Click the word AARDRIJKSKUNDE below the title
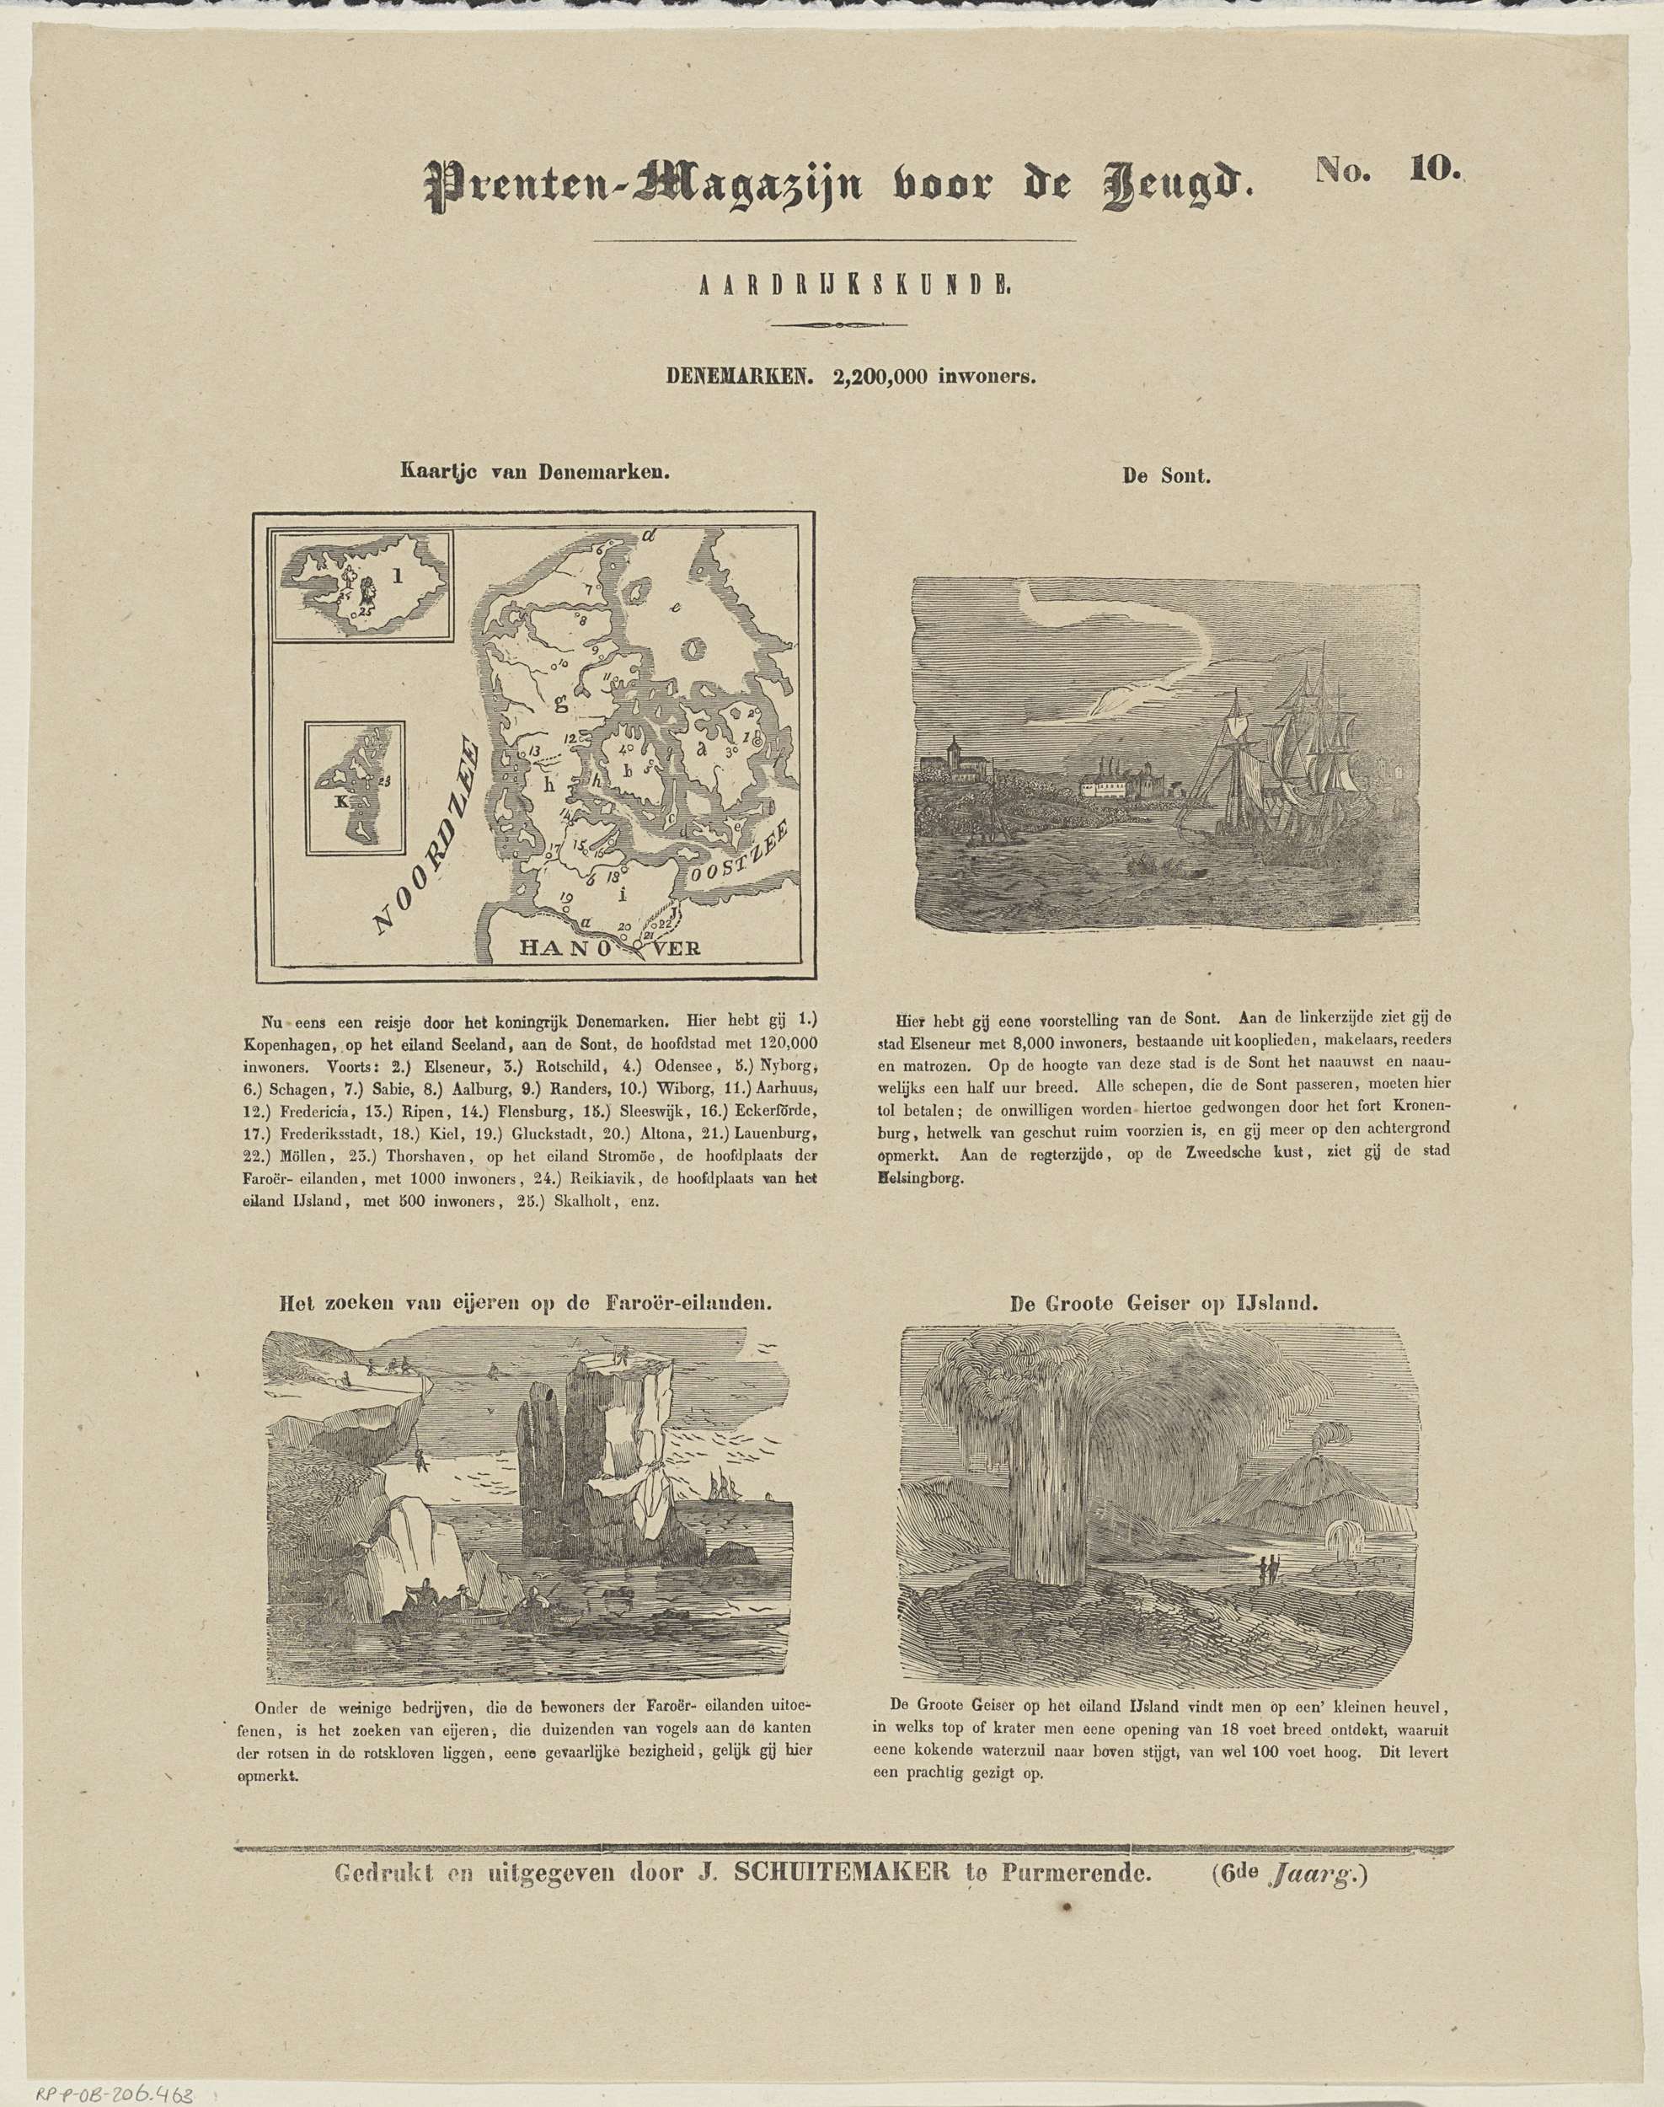pos(834,286)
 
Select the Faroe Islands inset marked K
pos(355,787)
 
